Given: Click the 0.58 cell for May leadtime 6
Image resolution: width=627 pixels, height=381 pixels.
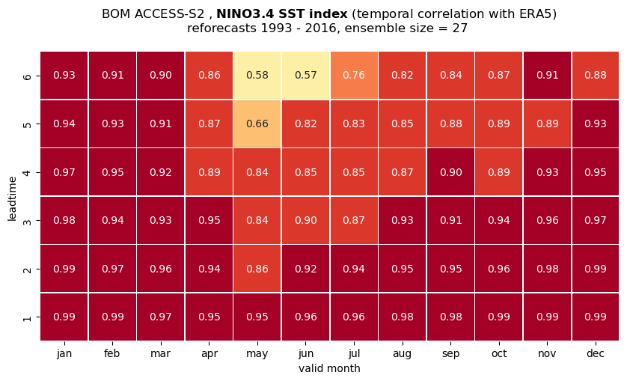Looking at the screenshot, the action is coord(257,76).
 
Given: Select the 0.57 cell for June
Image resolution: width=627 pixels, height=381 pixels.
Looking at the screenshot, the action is coord(305,76).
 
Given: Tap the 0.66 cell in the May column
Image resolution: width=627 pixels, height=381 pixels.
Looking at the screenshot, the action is coord(257,124).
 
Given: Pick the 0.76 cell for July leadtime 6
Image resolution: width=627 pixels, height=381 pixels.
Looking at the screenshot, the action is coord(354,76).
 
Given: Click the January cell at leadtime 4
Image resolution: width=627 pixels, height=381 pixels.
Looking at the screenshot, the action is coord(64,172).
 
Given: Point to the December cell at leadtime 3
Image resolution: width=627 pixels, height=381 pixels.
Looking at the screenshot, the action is coord(596,220).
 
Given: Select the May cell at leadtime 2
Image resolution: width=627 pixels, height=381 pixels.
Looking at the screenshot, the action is coord(257,269).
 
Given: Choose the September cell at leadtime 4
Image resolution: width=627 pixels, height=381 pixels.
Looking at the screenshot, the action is coord(450,172).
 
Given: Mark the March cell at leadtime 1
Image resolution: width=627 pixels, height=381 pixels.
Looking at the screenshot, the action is coord(161,317).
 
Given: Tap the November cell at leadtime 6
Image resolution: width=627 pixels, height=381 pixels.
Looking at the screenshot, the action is coord(547,76).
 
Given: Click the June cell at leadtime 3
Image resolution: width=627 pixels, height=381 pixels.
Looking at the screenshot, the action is coord(305,220).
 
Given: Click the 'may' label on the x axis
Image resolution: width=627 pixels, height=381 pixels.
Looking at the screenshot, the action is coord(257,354).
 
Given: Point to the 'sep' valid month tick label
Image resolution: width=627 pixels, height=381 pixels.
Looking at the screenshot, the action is coord(450,354).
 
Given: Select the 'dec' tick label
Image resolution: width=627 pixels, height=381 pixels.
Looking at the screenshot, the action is coord(596,353).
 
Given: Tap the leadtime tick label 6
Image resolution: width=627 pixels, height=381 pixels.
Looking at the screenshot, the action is coord(27,76).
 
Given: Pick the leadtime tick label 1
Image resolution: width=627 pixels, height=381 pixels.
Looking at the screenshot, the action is coord(27,317).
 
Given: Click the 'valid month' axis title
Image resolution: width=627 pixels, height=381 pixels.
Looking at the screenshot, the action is coord(329,368).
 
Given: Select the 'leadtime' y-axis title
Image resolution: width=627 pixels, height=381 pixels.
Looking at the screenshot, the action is coord(13,198).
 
